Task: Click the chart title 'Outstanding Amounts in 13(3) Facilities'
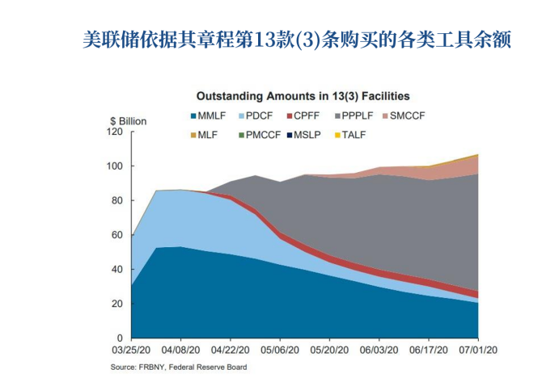tap(297, 96)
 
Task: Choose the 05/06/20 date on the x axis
tap(279, 351)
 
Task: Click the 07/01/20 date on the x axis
tap(477, 351)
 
